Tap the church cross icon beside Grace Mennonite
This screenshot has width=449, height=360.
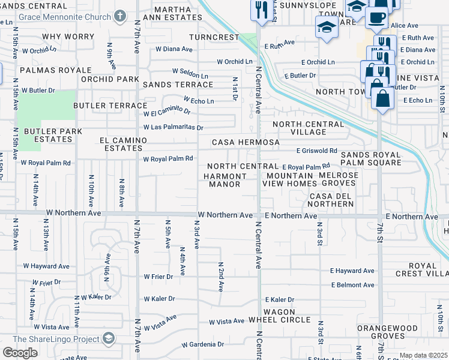tap(119, 16)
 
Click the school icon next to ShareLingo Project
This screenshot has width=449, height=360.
tap(108, 340)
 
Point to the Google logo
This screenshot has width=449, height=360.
tap(20, 353)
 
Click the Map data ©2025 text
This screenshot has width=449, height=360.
tap(423, 355)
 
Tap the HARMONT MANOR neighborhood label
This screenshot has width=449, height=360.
tap(224, 180)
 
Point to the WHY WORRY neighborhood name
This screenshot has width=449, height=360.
tap(68, 37)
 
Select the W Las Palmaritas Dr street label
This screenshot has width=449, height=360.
tap(173, 127)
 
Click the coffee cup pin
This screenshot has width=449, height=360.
tap(376, 18)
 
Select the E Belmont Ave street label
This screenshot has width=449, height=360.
tap(352, 285)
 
